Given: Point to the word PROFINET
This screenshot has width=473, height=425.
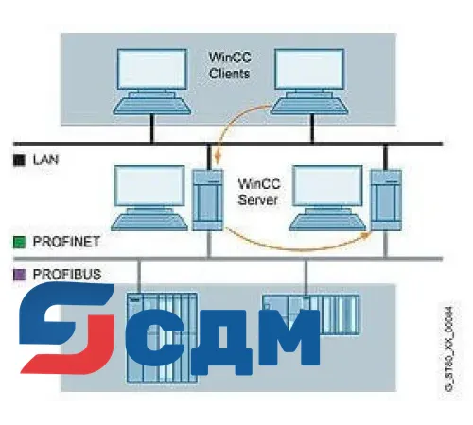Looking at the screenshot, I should [x=64, y=243].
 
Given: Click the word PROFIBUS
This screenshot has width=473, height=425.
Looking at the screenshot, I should [x=64, y=274].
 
